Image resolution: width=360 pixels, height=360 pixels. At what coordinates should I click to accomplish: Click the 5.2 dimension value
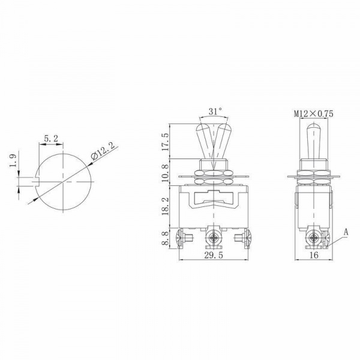click(x=51, y=139)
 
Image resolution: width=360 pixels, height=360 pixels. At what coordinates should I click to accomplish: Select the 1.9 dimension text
click(x=13, y=160)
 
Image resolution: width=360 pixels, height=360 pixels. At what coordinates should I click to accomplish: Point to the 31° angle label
click(x=215, y=112)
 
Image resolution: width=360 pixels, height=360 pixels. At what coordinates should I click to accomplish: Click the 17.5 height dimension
click(x=165, y=142)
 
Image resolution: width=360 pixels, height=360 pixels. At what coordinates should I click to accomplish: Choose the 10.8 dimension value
click(x=165, y=172)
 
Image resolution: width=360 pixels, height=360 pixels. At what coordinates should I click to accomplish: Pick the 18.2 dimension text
click(x=165, y=206)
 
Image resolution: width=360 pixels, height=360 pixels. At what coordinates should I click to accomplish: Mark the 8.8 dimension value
click(x=165, y=238)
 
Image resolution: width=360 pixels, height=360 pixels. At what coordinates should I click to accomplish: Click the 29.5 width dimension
click(x=214, y=255)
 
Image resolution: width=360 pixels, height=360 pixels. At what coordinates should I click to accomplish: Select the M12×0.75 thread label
click(x=314, y=113)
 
